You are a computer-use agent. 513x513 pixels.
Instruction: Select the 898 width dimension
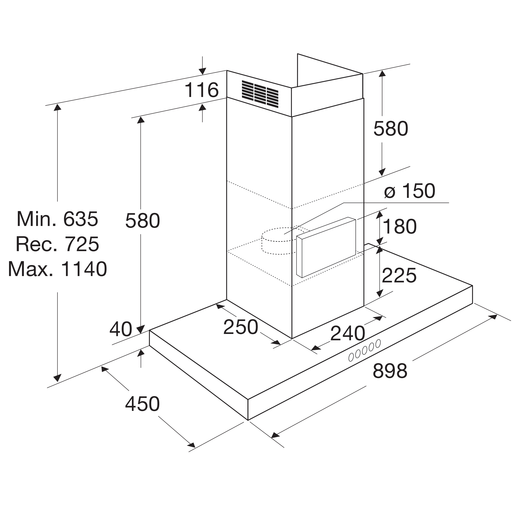tap(390, 371)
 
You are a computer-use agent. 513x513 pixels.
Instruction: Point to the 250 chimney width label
tap(241, 327)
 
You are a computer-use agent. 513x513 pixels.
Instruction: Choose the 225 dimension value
tap(399, 275)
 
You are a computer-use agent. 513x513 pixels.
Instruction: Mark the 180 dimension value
tap(399, 226)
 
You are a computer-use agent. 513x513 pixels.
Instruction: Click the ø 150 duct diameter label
tap(409, 191)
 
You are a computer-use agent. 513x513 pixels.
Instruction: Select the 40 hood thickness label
tap(121, 329)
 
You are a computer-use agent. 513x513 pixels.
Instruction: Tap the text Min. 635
tap(57, 219)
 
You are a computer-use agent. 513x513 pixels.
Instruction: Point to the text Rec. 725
tap(57, 244)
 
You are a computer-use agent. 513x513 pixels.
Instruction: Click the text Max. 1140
tap(57, 269)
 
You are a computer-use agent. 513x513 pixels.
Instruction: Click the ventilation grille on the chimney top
tap(260, 94)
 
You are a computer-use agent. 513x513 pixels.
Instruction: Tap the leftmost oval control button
tap(351, 357)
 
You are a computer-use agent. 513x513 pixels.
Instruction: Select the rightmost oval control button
tap(378, 343)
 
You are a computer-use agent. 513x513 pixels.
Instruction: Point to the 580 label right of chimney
tap(391, 129)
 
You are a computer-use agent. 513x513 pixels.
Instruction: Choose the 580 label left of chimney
tap(143, 221)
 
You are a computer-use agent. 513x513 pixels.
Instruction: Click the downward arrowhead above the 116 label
tap(202, 71)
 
